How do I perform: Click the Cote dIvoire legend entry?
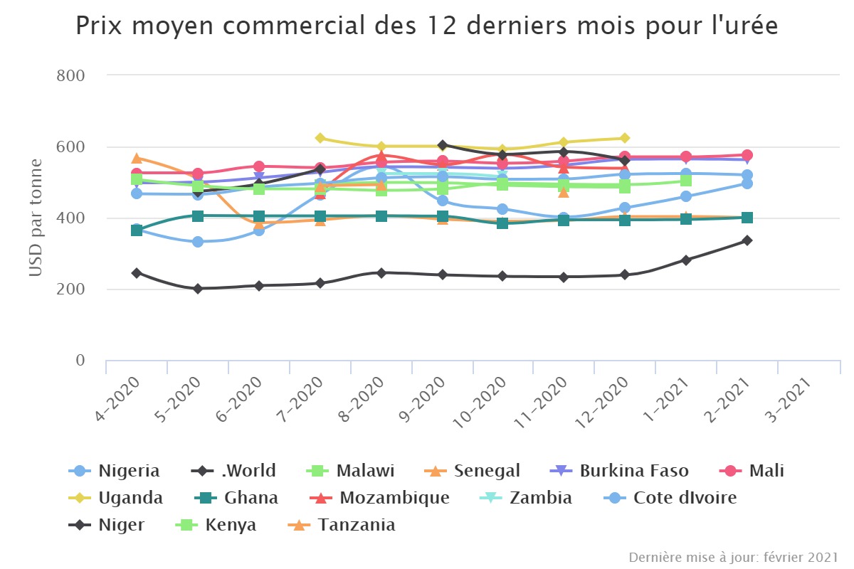(x=685, y=497)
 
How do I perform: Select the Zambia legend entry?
(x=540, y=497)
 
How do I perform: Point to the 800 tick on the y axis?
(x=70, y=75)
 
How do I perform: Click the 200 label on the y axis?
(x=70, y=289)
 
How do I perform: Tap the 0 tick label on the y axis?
(x=80, y=361)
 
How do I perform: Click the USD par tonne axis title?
(x=36, y=218)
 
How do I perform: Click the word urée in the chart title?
(x=747, y=26)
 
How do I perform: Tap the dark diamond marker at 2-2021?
(x=747, y=240)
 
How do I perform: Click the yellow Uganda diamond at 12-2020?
(x=625, y=138)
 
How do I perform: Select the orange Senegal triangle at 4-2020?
(x=137, y=158)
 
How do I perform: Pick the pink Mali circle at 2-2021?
(x=747, y=155)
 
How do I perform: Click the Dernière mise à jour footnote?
(x=734, y=556)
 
